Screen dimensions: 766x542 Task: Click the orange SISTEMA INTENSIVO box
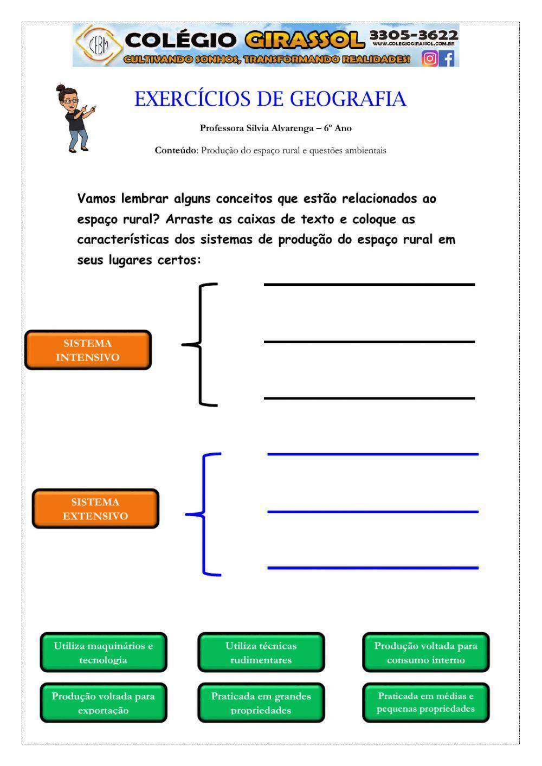88,350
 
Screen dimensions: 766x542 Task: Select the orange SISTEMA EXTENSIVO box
95,509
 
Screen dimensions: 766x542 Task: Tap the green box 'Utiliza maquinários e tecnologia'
104,652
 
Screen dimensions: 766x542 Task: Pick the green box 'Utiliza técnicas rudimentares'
261,652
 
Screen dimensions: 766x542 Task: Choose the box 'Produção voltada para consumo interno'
425,652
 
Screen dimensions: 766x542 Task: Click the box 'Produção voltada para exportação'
104,703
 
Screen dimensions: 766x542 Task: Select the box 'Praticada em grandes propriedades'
261,703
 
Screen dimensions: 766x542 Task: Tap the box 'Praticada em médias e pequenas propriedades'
425,703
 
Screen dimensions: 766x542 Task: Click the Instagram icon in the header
430,58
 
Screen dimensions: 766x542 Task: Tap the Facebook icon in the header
447,58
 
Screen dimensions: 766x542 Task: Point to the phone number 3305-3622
414,36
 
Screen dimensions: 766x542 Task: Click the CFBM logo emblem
98,46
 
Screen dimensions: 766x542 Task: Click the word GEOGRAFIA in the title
347,99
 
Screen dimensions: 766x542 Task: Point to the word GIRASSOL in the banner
304,40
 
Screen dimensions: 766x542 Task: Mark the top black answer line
369,285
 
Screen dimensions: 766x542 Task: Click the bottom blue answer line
373,568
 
